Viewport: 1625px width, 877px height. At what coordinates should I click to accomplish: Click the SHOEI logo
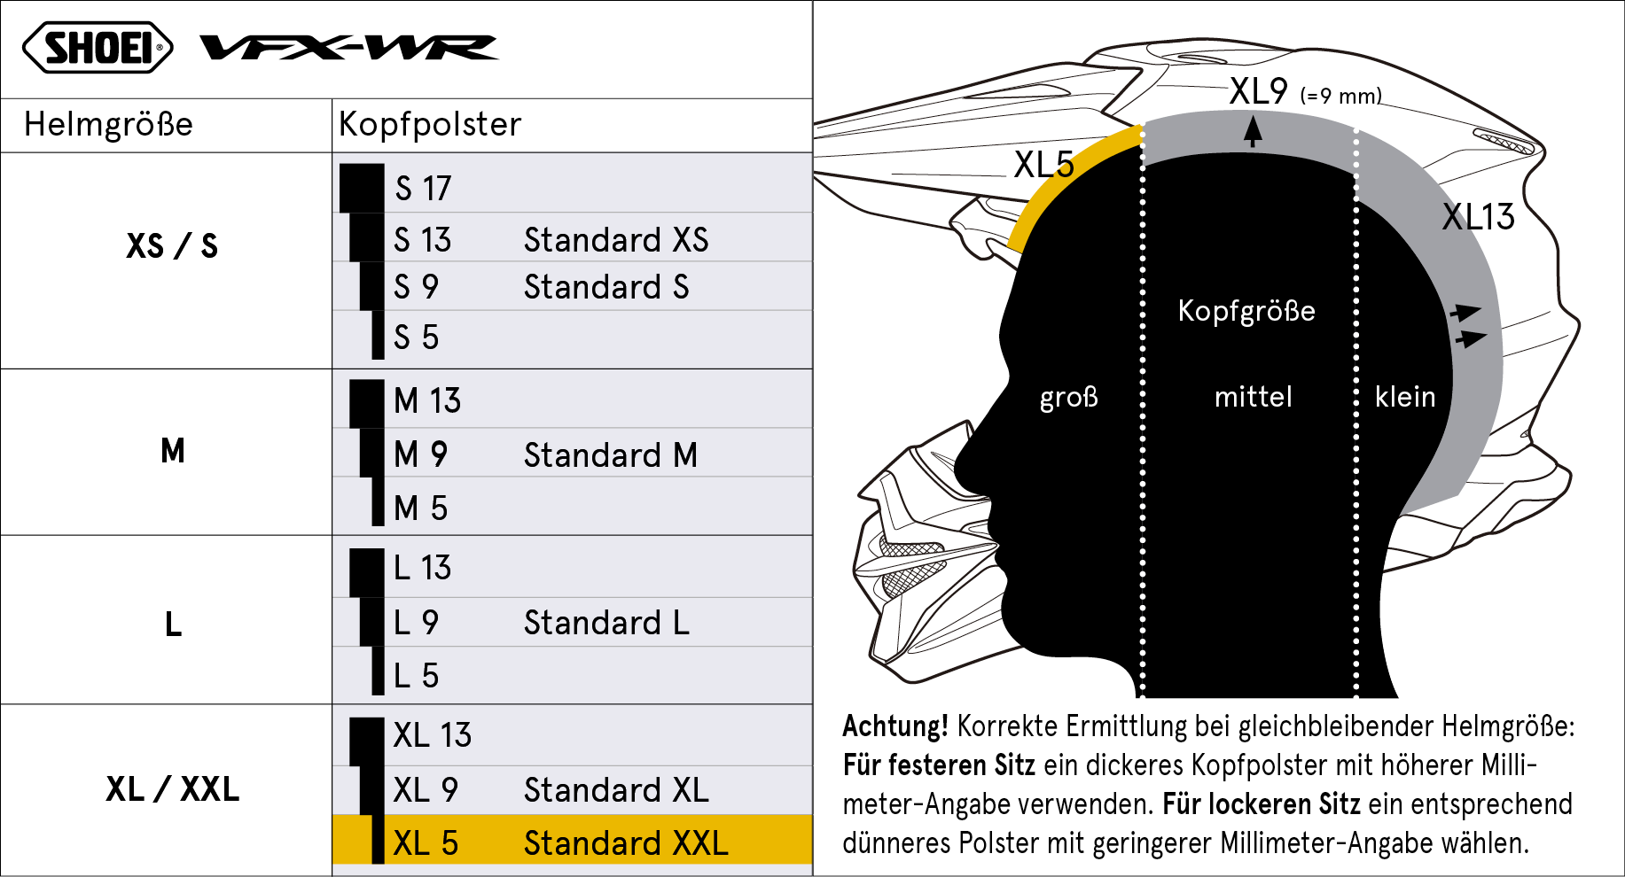coord(98,48)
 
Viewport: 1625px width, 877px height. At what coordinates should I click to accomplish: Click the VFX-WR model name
coord(348,47)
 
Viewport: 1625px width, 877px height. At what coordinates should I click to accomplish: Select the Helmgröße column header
coord(108,125)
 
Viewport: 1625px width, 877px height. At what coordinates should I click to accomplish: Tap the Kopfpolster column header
coord(430,125)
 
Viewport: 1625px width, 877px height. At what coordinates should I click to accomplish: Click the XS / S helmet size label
coord(172,245)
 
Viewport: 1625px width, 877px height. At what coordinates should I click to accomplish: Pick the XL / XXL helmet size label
coord(173,788)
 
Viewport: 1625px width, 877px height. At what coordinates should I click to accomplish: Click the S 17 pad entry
coord(423,189)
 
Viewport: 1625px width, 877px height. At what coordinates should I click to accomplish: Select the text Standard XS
coord(616,240)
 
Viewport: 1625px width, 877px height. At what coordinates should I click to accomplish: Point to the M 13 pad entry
coord(427,401)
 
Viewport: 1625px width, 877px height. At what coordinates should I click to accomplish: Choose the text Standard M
coord(611,455)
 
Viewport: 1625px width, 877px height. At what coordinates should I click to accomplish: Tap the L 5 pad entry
coord(416,676)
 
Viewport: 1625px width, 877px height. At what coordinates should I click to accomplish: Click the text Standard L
coord(606,623)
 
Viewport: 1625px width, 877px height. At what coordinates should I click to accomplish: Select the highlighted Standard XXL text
coord(626,843)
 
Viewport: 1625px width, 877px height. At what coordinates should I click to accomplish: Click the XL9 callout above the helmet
coord(1258,91)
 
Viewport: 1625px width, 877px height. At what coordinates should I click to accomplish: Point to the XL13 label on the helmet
coord(1478,217)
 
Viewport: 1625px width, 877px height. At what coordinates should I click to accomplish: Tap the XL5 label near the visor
coord(1043,165)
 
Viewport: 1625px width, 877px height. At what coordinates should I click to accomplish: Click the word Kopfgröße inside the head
coord(1246,312)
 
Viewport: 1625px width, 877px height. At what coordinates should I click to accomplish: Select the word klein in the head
coord(1405,397)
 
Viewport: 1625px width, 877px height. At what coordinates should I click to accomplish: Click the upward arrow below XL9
coord(1253,132)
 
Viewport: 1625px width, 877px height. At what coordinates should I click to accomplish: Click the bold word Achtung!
coord(895,726)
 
